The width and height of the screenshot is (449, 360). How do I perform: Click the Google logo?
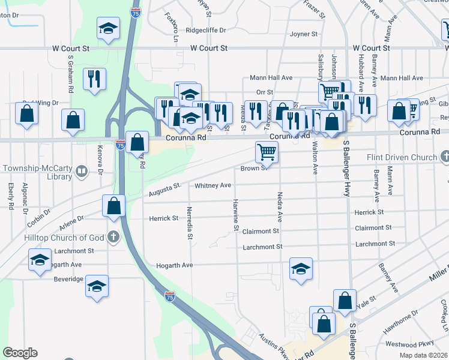coord(20,353)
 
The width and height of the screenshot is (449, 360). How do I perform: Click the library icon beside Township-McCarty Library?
coord(81,173)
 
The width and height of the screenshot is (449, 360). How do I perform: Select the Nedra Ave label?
coord(280,206)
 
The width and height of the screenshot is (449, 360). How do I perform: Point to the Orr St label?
coord(264,92)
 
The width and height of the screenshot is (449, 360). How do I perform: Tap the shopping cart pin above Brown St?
coord(267,152)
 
